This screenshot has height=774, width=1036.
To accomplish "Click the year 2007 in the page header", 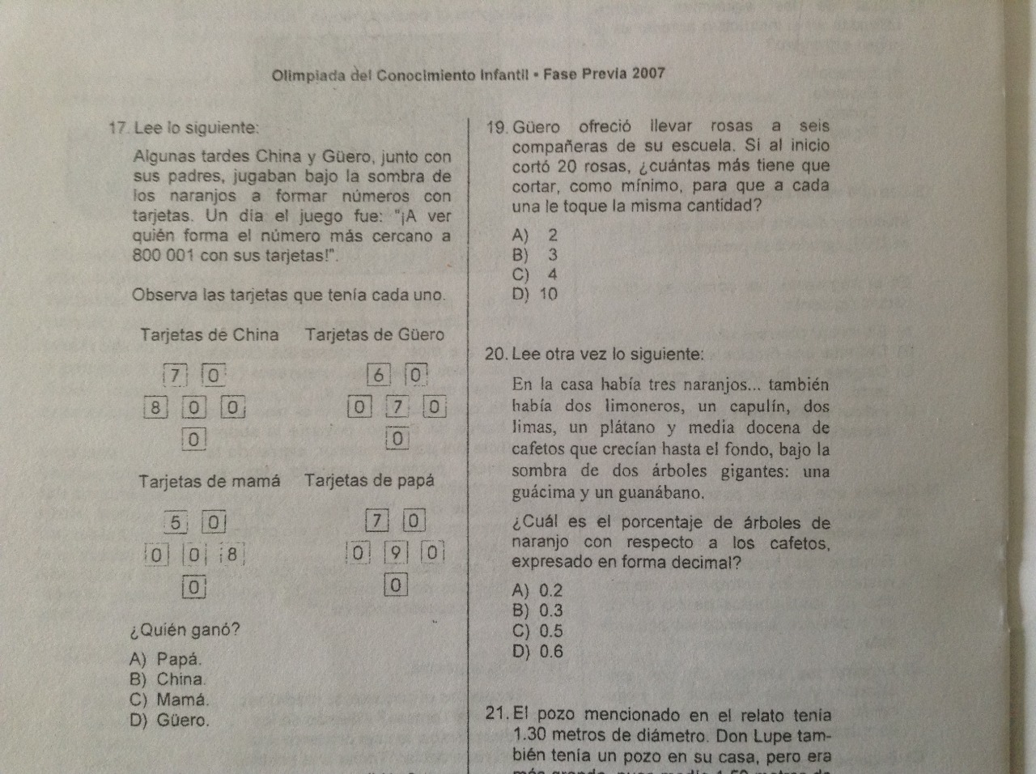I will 649,74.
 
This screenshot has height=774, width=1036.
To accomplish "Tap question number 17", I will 118,128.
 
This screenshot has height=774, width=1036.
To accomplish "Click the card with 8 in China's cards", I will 155,406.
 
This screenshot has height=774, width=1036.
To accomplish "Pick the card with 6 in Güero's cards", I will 378,375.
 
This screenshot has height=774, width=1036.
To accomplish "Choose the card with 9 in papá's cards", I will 395,553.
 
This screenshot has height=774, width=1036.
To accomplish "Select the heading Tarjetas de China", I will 209,335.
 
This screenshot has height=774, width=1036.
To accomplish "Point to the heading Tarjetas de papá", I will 369,480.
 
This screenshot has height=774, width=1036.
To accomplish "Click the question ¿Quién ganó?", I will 185,630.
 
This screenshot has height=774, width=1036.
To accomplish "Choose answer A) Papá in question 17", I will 166,660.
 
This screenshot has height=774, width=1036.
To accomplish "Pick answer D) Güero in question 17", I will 169,720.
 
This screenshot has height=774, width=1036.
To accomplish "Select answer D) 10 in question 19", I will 535,295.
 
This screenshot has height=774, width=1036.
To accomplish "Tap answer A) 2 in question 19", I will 535,236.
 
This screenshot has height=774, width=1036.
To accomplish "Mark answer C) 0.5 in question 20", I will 537,632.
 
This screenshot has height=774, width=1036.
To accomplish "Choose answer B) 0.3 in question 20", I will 537,611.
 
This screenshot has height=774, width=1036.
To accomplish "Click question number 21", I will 496,714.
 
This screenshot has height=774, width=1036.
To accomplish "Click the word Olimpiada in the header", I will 308,75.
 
